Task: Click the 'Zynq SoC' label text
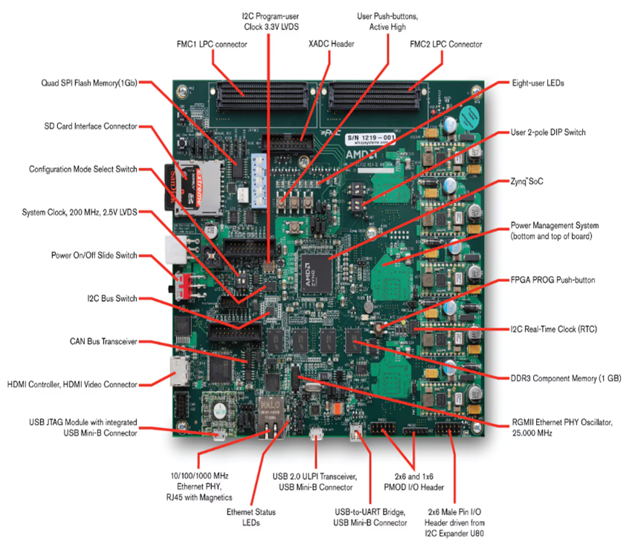coord(528,182)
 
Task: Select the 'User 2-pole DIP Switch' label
coord(548,132)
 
